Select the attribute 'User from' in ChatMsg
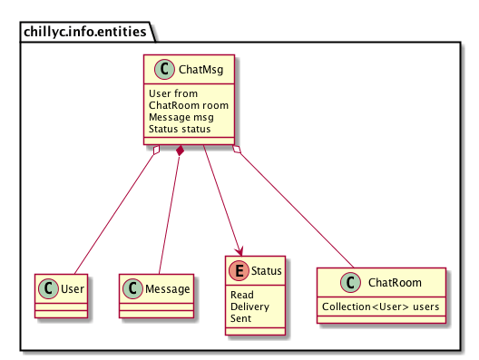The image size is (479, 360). point(172,93)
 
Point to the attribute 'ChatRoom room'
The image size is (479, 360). point(189,105)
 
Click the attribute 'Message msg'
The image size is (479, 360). point(184,117)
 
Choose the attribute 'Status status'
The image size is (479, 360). point(180,129)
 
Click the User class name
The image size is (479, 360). point(70,288)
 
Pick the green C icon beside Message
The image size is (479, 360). point(132,288)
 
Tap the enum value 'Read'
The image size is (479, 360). point(241,296)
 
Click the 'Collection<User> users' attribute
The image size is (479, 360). point(381,306)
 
